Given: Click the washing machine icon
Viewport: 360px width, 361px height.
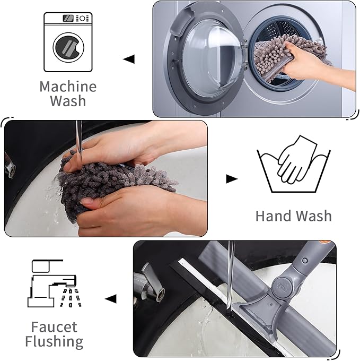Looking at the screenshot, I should coord(67,42).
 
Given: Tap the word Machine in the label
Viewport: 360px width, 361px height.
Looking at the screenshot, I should coord(68,87).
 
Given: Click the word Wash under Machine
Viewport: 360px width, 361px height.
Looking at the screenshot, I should coord(68,101).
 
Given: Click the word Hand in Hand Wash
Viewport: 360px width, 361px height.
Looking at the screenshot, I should coord(274,216).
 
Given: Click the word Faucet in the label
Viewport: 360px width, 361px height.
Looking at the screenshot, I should coord(54,326).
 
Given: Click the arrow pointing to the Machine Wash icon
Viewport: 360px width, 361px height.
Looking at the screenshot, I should coord(129,59).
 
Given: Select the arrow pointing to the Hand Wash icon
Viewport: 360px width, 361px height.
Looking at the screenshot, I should coord(232,179).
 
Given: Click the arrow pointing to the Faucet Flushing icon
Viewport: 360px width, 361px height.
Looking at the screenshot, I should coord(110,299).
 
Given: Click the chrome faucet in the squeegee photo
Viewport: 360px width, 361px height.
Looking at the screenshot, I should coord(151,281).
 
